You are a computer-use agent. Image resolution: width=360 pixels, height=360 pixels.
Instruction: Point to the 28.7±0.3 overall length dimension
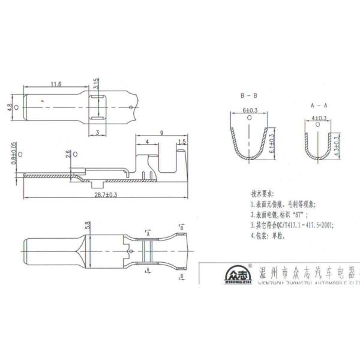(104, 195)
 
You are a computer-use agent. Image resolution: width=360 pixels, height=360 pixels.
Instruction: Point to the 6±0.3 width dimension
(250, 112)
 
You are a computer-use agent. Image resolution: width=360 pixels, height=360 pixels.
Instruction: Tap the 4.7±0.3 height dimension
(337, 146)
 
